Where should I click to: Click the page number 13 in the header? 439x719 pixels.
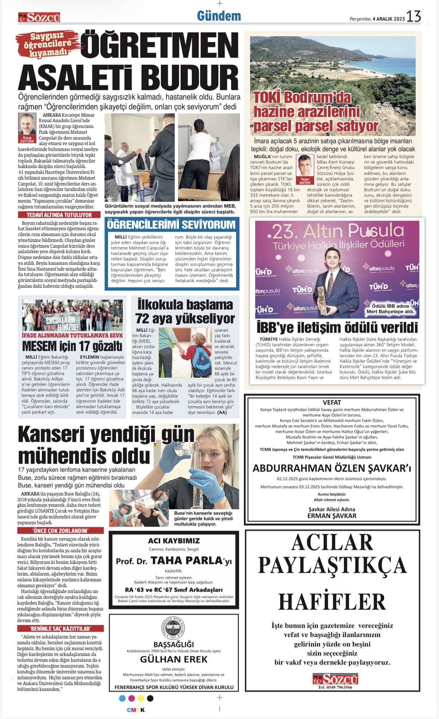[414, 16]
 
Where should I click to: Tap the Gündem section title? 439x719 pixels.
[219, 16]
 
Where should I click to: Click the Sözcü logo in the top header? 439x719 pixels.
[39, 17]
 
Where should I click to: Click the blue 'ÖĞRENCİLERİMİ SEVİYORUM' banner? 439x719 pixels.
[171, 225]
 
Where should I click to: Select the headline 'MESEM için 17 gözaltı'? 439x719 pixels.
[72, 346]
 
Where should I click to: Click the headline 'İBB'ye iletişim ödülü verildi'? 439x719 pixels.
[337, 328]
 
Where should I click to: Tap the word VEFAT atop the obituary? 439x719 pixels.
[332, 402]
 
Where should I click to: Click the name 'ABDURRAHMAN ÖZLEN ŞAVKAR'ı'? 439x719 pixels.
[332, 468]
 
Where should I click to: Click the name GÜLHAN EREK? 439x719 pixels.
[174, 659]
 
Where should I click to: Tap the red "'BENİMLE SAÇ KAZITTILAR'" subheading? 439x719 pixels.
[60, 628]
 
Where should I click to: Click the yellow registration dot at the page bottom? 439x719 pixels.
[141, 698]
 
